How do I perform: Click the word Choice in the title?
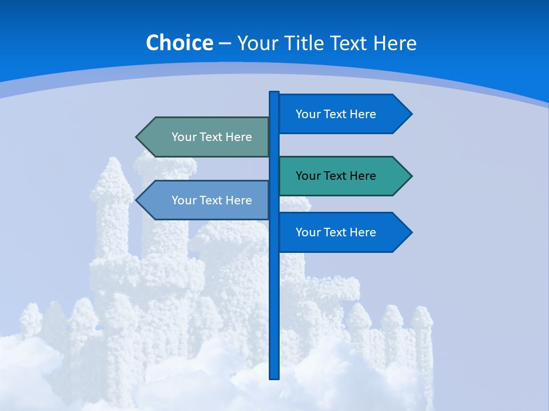179,43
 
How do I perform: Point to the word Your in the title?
258,43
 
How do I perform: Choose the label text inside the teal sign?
336,176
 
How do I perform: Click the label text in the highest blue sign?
336,114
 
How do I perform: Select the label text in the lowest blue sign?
336,232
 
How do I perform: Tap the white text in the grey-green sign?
212,137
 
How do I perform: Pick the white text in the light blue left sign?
212,200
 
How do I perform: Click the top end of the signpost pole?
274,93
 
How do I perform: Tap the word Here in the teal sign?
362,176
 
